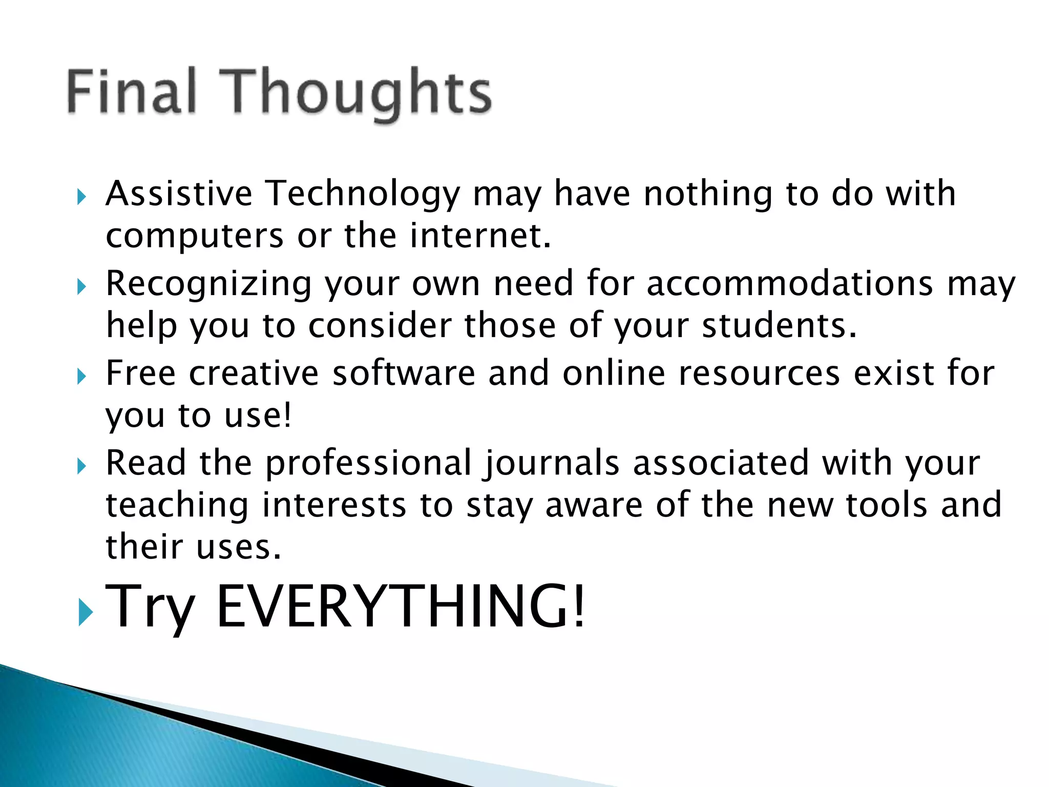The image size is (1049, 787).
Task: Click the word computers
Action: coord(195,237)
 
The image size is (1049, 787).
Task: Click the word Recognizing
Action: coord(208,285)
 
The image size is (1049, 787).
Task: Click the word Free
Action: coord(141,372)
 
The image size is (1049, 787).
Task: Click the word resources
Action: coord(759,374)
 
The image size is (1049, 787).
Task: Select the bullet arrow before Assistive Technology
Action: coord(81,197)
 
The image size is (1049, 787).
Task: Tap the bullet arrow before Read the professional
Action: coord(81,466)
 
